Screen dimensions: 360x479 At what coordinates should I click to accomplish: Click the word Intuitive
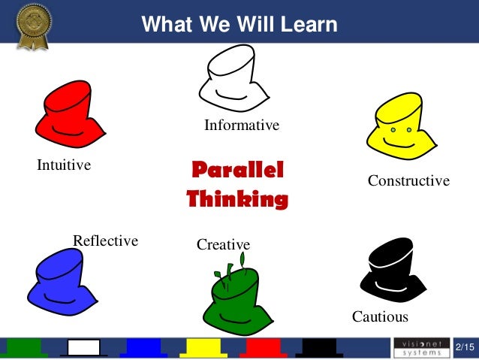[64, 165]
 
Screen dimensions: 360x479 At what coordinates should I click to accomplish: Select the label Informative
[242, 126]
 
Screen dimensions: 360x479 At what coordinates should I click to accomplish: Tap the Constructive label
[408, 181]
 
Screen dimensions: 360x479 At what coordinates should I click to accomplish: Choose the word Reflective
[105, 241]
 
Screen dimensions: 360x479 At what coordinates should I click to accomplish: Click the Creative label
[223, 244]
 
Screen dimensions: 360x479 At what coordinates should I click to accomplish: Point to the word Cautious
[380, 316]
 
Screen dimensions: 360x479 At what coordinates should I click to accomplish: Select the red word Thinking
[237, 199]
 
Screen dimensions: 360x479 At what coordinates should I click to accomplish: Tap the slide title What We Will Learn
[239, 25]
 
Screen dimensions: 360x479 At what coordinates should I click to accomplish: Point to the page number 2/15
[465, 347]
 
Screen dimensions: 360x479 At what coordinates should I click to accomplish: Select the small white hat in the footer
[84, 347]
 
